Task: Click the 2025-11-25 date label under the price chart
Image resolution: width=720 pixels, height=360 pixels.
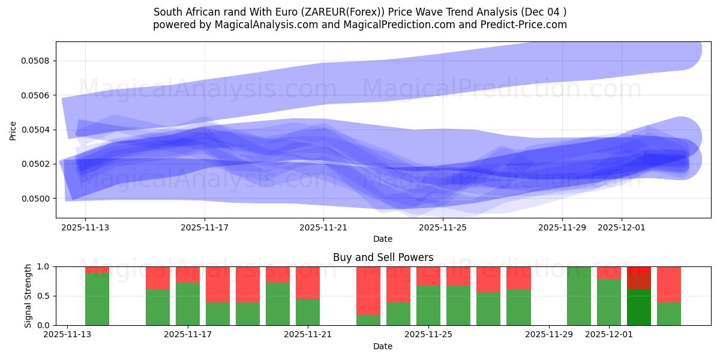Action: click(x=443, y=227)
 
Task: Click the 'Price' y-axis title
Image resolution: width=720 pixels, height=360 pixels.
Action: click(x=13, y=130)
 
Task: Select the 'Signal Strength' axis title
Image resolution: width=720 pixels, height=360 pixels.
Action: click(x=28, y=296)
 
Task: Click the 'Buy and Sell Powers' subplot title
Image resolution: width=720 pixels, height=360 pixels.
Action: click(x=383, y=257)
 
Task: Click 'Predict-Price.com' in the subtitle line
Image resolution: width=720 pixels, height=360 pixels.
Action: click(x=523, y=25)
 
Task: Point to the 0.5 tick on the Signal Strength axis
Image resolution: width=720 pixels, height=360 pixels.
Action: click(x=45, y=296)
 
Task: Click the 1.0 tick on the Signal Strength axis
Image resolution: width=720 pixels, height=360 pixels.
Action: click(x=45, y=266)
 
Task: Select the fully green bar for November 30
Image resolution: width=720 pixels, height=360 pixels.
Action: click(x=579, y=296)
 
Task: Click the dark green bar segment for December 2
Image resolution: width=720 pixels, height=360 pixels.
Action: click(x=639, y=307)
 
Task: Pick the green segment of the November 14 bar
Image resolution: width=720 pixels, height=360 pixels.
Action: click(x=97, y=299)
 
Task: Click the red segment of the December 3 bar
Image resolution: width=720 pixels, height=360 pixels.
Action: click(x=669, y=284)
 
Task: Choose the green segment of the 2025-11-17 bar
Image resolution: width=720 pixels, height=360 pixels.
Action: click(x=188, y=304)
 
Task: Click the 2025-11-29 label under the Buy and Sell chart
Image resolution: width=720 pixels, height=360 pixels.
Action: click(x=549, y=334)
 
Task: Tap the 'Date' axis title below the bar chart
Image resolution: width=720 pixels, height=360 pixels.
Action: click(x=383, y=346)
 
